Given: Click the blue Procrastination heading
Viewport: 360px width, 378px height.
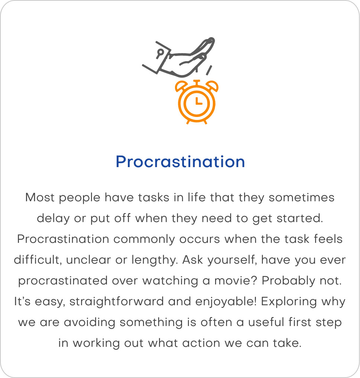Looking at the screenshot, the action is click(180, 162).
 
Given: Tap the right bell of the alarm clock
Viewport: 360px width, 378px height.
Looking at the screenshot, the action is click(212, 85).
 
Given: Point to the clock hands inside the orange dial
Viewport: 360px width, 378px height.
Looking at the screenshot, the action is click(198, 101).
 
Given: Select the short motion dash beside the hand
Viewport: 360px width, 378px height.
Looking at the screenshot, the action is click(209, 70).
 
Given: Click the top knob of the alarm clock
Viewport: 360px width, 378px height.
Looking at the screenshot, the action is click(197, 81).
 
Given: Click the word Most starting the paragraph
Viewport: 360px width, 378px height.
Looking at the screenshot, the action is click(40, 198).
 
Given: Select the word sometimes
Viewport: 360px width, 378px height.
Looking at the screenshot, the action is click(301, 198).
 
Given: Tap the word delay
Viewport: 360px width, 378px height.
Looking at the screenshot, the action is click(53, 219).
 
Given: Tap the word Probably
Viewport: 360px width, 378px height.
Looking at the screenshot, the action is click(288, 281).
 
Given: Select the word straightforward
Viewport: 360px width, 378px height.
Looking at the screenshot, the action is click(117, 302).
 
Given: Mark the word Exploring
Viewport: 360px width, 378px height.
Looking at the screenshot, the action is click(289, 302).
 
